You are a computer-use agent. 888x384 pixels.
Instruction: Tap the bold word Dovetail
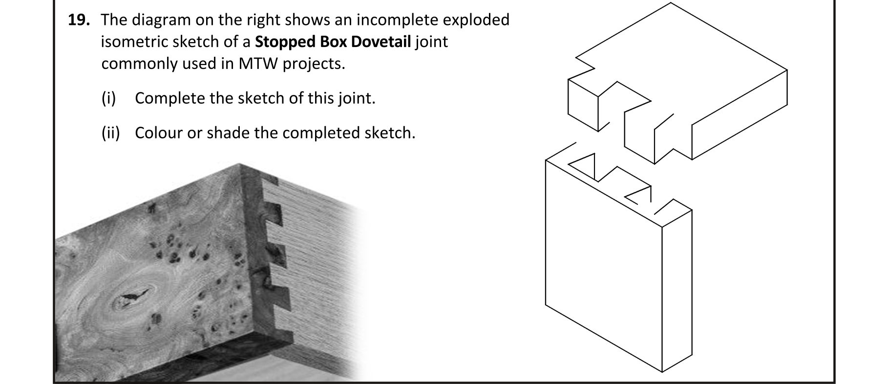(381, 42)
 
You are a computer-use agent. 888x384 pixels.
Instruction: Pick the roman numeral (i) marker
(108, 98)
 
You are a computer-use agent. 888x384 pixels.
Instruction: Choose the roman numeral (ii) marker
(110, 133)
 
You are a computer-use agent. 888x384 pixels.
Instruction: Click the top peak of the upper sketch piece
(670, 3)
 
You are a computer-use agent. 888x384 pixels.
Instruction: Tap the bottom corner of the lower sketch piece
(662, 372)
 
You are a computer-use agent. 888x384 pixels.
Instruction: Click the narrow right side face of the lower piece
(677, 294)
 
